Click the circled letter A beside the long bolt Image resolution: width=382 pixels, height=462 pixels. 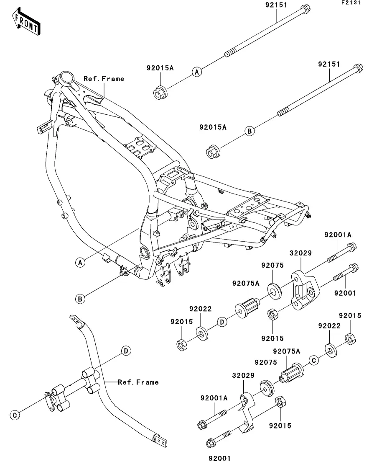point(197,72)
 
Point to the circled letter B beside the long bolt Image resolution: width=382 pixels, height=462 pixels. point(249,132)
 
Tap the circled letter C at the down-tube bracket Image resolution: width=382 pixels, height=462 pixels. point(15,415)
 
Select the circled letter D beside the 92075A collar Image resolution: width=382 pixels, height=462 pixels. point(222,322)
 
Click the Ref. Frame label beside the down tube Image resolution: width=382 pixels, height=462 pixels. point(138,382)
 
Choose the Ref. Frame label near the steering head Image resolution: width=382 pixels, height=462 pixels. point(104,78)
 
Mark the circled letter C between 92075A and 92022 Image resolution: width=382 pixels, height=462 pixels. point(313,359)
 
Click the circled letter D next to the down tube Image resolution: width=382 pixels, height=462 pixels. point(126,350)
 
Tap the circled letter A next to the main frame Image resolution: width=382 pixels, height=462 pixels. point(80,262)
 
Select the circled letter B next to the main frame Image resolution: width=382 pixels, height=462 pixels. point(80,299)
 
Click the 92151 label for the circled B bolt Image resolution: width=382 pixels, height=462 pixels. point(329,65)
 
